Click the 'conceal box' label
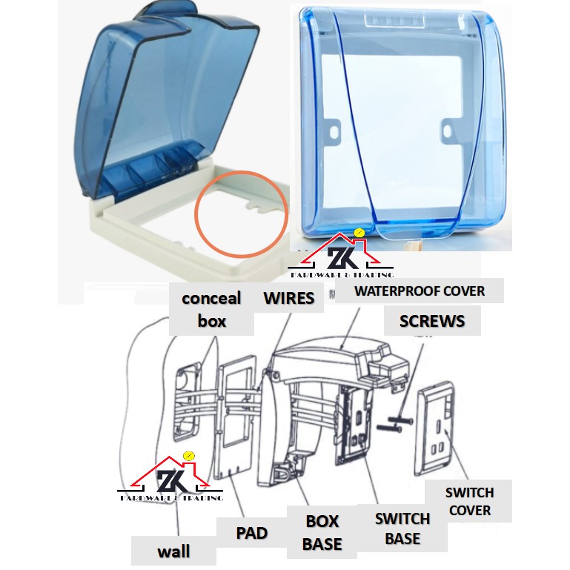(211, 310)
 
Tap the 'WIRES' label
(289, 299)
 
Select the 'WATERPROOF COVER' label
(419, 290)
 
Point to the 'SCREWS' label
(432, 321)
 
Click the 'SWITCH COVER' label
(469, 501)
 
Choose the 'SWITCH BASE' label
(402, 528)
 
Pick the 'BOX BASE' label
(322, 532)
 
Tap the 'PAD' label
(251, 533)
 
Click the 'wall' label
(173, 551)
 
